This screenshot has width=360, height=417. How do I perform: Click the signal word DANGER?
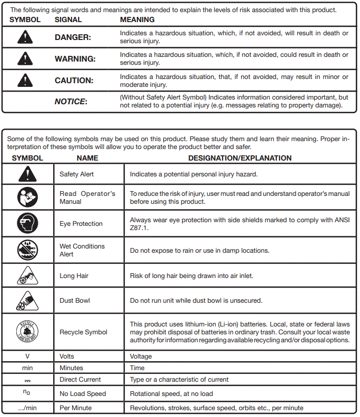point(73,37)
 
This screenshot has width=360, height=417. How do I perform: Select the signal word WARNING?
point(75,59)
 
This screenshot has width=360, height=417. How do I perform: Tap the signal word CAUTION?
point(74,81)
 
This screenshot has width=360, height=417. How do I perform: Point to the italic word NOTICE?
point(71,102)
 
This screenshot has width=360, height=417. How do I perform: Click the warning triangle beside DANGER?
point(25,37)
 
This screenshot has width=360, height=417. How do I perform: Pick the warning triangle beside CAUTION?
point(25,81)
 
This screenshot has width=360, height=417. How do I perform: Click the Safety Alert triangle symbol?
point(27,174)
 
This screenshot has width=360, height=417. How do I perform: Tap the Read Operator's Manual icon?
point(27,197)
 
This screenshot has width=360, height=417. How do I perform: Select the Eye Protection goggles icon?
point(27,224)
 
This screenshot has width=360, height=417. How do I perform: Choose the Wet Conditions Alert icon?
point(27,250)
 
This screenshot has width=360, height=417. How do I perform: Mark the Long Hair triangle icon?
point(27,275)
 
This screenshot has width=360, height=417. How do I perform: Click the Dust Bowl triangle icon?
point(27,300)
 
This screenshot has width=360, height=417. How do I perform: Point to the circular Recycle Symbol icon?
point(27,332)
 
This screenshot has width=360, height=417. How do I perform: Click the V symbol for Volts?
point(27,356)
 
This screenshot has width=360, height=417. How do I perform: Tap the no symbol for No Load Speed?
point(27,393)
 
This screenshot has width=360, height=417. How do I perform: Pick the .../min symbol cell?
point(27,408)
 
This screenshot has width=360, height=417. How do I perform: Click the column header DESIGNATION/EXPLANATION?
point(239,158)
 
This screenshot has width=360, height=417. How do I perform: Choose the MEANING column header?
point(137,19)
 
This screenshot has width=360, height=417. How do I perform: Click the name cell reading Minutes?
point(71,368)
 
